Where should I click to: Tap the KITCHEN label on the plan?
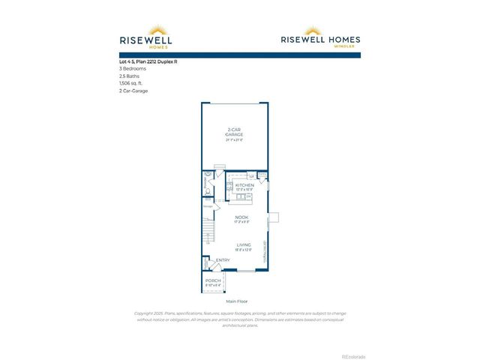click(x=244, y=184)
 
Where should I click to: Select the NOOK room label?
click(x=241, y=217)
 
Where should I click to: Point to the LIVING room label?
click(x=244, y=244)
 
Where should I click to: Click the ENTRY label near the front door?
click(x=223, y=260)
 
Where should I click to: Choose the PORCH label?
click(x=214, y=280)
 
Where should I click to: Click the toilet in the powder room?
click(x=208, y=190)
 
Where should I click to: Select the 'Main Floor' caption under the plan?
click(x=236, y=301)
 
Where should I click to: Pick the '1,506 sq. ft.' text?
click(x=132, y=83)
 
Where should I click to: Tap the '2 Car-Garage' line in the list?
click(x=133, y=91)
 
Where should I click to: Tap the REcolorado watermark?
click(x=354, y=355)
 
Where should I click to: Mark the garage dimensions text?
click(x=235, y=140)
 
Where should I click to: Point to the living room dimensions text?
click(x=244, y=250)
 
